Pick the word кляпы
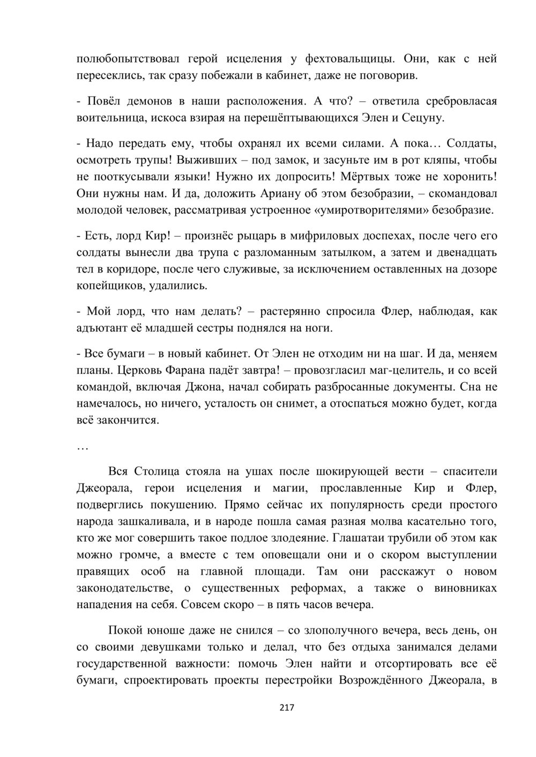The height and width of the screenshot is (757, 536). [441, 160]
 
